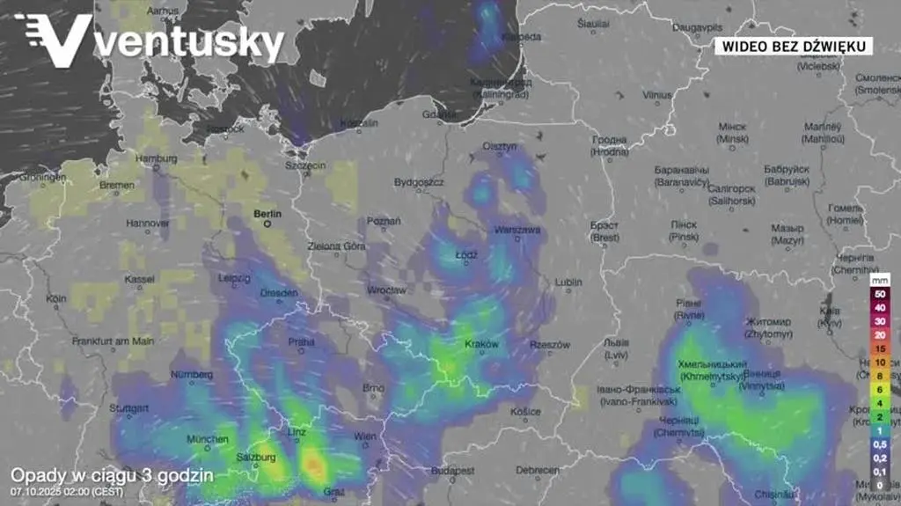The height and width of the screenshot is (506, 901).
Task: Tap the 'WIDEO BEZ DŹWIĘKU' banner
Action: [792, 46]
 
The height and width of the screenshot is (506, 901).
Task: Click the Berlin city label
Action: [267, 213]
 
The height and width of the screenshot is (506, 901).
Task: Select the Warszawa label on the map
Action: [516, 229]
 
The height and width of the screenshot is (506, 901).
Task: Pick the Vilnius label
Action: [656, 95]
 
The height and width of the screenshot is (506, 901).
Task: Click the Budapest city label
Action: [453, 471]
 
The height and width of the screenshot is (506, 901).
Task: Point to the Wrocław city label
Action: [386, 289]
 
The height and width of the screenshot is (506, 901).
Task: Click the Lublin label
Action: [568, 282]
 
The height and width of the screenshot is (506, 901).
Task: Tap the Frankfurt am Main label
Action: [108, 341]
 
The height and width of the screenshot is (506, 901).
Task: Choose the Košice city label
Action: [525, 411]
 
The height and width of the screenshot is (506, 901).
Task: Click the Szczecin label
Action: [305, 165]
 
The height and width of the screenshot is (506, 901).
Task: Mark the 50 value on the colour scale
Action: [879, 292]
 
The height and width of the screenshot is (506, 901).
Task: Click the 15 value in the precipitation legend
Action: [879, 348]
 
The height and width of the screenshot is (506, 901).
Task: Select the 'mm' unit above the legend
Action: [879, 279]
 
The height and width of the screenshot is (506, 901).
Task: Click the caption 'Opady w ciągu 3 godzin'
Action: [112, 475]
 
